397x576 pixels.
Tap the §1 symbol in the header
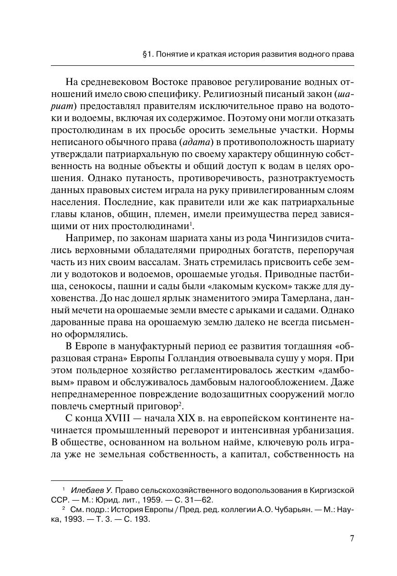click(147, 54)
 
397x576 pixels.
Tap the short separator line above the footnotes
click(87, 480)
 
